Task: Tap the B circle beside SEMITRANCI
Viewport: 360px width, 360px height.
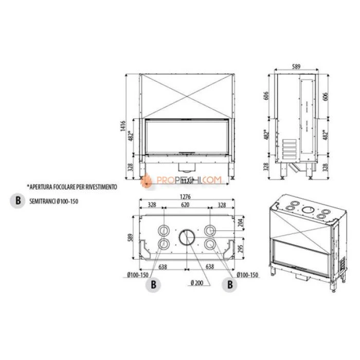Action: point(18,201)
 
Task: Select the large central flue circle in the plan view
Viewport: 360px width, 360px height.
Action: point(187,237)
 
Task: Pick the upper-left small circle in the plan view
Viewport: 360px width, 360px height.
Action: point(164,229)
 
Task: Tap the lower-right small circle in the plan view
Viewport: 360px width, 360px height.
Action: point(210,244)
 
